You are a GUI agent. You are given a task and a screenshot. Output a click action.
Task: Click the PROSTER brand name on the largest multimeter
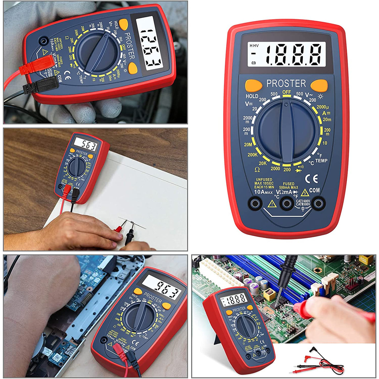pos(286,83)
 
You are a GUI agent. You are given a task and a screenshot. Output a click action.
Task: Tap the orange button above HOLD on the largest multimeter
pos(253,85)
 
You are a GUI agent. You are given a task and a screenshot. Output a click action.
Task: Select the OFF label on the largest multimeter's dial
pos(287,92)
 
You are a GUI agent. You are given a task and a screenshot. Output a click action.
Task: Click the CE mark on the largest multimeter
pos(311,179)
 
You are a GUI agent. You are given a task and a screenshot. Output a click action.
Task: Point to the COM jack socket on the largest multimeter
pos(318,203)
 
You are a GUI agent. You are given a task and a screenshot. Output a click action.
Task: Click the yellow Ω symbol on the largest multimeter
pos(257,170)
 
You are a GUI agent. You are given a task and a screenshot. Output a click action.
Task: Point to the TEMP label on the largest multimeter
pos(321,161)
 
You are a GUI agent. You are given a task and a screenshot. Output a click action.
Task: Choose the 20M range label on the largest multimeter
pos(248,145)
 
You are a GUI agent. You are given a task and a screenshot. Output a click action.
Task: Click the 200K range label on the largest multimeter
pos(252,155)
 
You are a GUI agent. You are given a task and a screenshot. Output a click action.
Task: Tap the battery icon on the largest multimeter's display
pos(254,63)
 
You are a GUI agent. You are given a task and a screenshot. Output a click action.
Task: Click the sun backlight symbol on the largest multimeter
pos(321,96)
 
